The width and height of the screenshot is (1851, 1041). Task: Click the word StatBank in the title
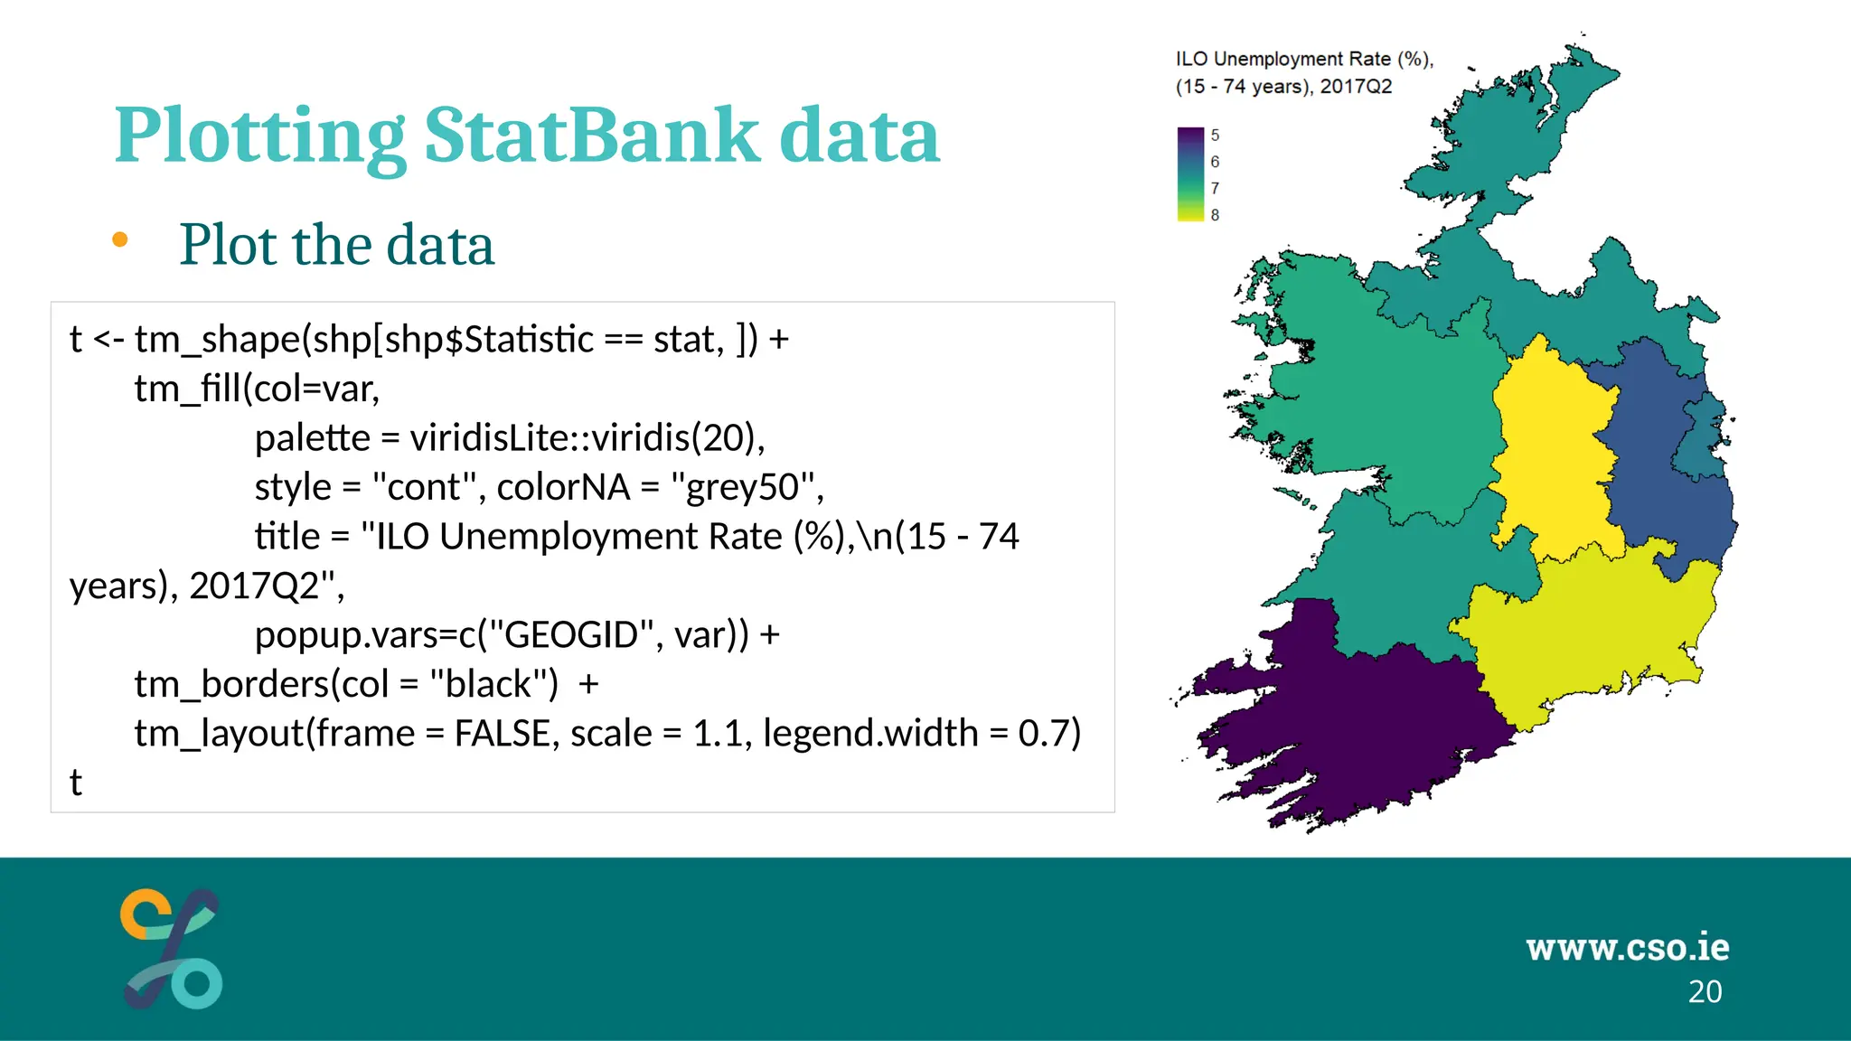coord(592,136)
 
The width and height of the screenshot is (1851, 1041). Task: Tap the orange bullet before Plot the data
coord(120,240)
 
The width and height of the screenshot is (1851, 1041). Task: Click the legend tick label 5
coord(1215,136)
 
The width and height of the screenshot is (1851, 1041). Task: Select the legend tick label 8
coord(1215,215)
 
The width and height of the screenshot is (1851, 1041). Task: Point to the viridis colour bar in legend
coord(1190,174)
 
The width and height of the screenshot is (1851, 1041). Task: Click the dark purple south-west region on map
coord(1356,723)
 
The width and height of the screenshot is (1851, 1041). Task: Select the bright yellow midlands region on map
coord(1550,452)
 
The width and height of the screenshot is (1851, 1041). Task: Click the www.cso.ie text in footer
coord(1627,947)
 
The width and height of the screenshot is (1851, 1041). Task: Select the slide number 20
coord(1705,992)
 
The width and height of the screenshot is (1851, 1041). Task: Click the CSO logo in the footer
coord(172,949)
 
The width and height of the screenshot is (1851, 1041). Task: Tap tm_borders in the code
coord(231,684)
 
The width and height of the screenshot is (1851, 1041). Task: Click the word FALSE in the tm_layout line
coord(502,733)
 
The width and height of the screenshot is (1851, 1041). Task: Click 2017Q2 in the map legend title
coord(1356,87)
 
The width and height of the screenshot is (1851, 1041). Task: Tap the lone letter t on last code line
coord(76,783)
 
